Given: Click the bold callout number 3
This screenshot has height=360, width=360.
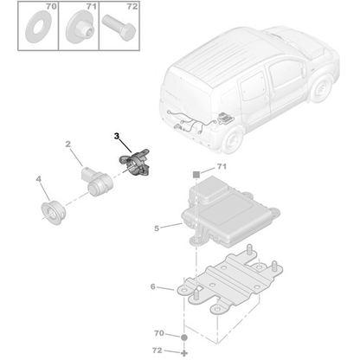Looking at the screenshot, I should (119, 136).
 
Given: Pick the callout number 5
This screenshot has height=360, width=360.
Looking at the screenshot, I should (156, 228).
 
